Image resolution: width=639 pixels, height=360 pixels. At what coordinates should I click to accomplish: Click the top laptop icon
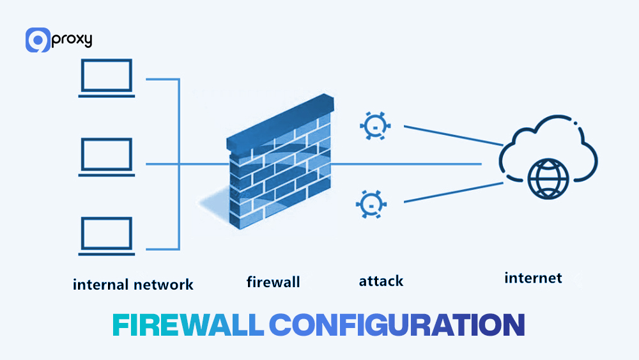coord(106,78)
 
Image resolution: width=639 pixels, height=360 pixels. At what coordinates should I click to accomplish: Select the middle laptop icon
coord(106,157)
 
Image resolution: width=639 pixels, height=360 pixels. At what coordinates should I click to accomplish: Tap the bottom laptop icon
coord(106,236)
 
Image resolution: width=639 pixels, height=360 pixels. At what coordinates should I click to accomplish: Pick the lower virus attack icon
coord(369,204)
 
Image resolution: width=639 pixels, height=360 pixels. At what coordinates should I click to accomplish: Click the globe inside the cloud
coord(547,178)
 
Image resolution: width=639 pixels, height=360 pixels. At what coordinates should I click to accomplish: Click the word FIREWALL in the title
coord(187,325)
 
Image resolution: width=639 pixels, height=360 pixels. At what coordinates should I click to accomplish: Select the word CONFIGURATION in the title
coord(397,325)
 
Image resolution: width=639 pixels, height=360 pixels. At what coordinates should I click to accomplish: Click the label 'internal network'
coord(133,284)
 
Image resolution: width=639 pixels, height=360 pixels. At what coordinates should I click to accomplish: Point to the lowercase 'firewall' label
coord(273,281)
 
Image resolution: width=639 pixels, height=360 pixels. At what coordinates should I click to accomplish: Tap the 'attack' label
coord(381,281)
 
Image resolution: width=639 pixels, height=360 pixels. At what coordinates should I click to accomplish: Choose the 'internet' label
coord(533,278)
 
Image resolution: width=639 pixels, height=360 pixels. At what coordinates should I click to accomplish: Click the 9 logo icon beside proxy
coord(38,40)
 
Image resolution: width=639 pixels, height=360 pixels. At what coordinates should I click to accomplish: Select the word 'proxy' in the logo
coord(72,40)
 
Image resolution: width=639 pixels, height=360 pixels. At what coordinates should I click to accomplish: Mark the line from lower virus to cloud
coord(450,192)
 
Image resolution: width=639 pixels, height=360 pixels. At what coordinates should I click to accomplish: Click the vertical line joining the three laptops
coord(180,164)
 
